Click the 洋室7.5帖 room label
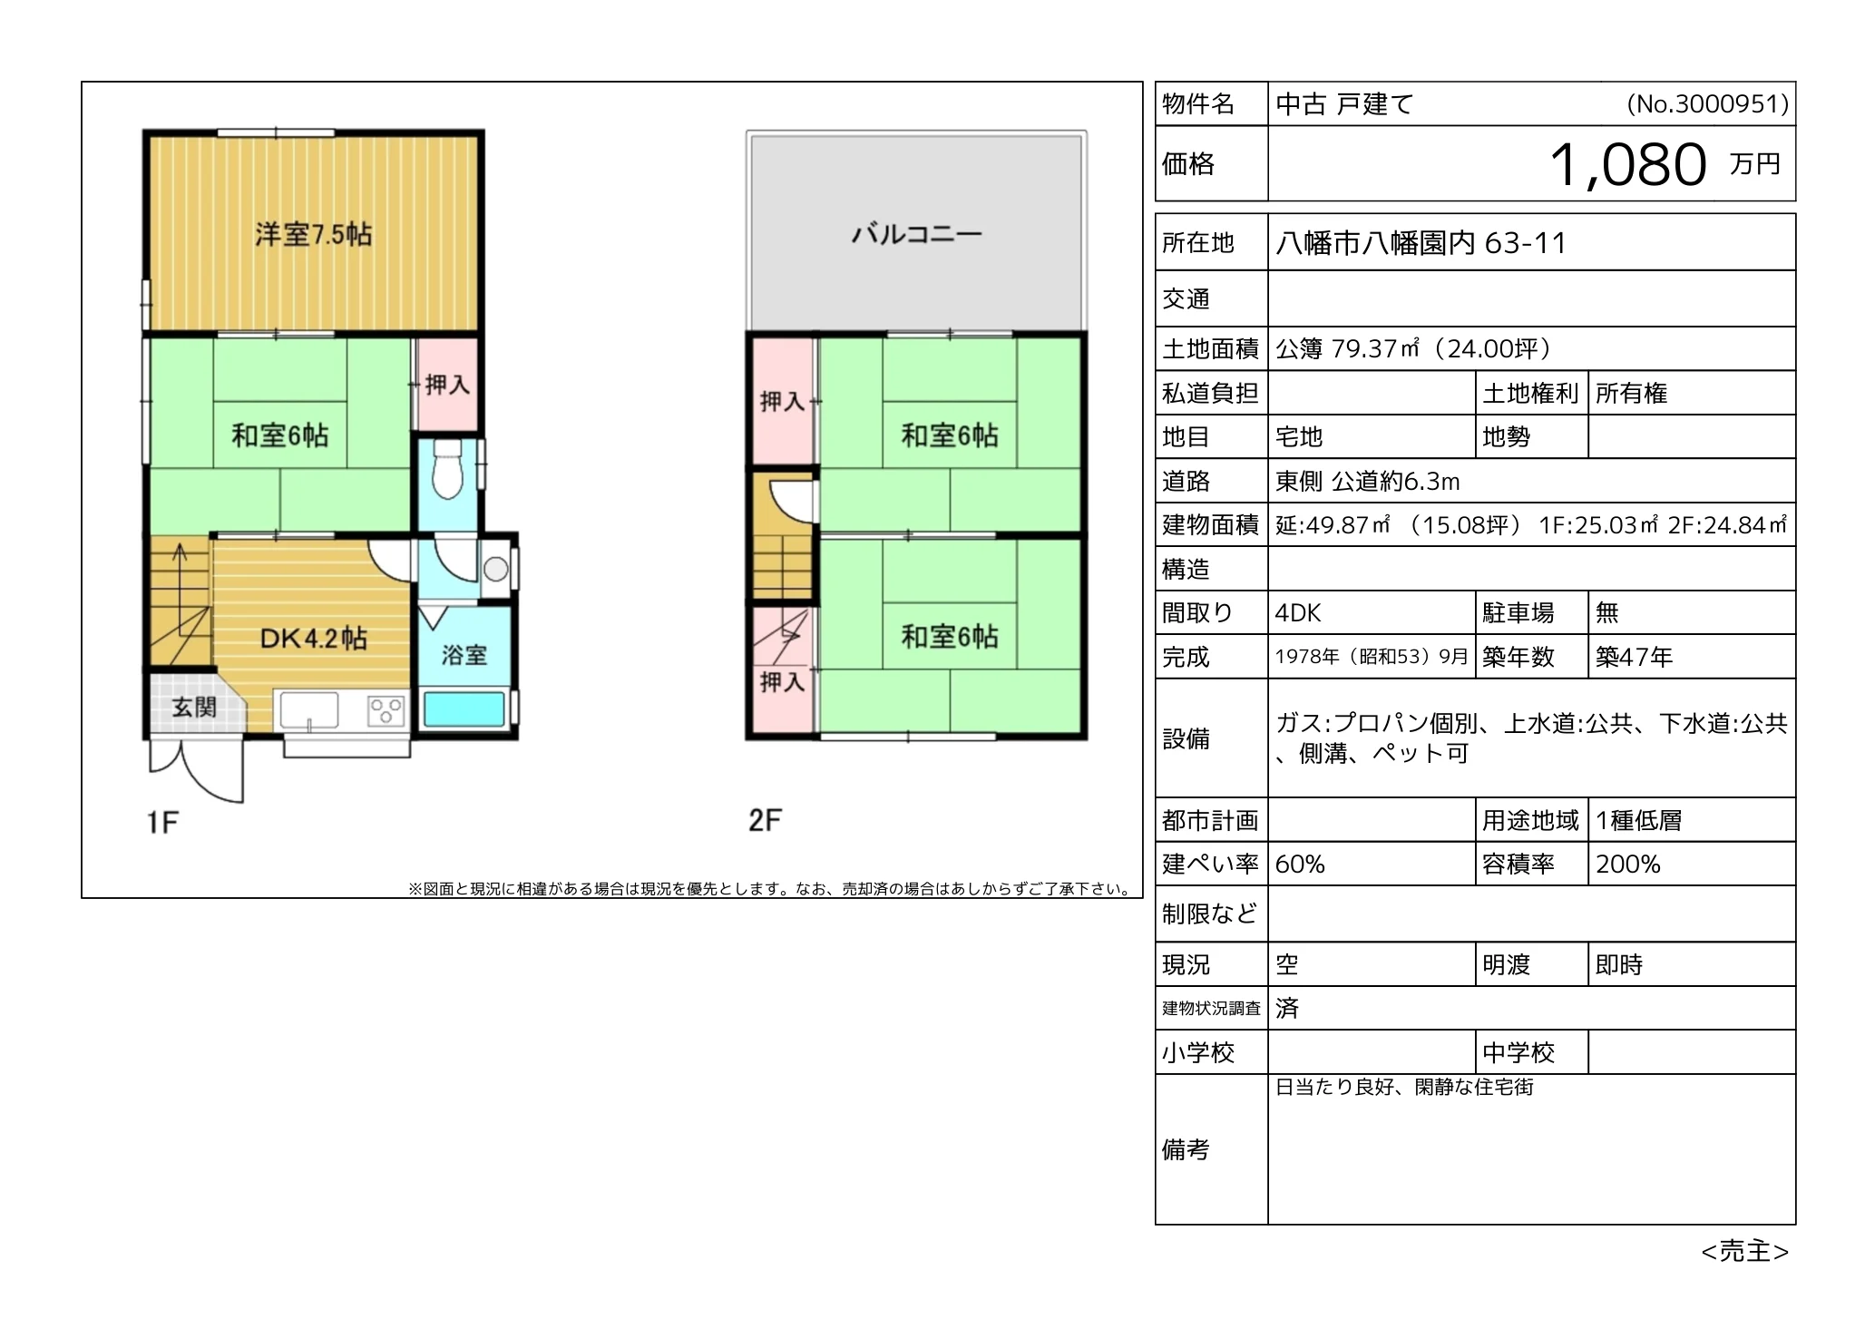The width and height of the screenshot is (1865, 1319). pos(313,235)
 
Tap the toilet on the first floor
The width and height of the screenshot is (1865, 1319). pos(446,468)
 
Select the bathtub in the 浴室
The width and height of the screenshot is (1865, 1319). pos(464,709)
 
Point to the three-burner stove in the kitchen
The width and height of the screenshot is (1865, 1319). pos(386,709)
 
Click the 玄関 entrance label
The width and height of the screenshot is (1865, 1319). pos(194,707)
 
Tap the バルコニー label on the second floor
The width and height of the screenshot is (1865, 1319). pos(916,235)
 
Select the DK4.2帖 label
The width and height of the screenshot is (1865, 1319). pos(314,639)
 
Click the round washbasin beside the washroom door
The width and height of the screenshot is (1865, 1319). pos(495,570)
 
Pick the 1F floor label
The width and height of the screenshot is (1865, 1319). pos(162,823)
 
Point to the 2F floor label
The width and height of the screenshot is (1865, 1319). pos(765,821)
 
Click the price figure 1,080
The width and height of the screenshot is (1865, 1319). pos(1627,164)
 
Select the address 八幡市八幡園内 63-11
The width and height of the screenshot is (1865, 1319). pos(1421,243)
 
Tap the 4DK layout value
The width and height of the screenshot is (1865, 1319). pos(1298,613)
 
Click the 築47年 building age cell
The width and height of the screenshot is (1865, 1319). pos(1634,657)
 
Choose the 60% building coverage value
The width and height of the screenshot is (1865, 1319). pos(1300,865)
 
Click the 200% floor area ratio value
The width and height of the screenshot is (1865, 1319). pos(1627,865)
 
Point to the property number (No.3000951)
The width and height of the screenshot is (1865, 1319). pos(1708,104)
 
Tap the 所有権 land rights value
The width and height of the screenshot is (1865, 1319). pos(1631,394)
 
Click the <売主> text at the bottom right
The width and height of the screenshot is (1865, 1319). pos(1744,1252)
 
